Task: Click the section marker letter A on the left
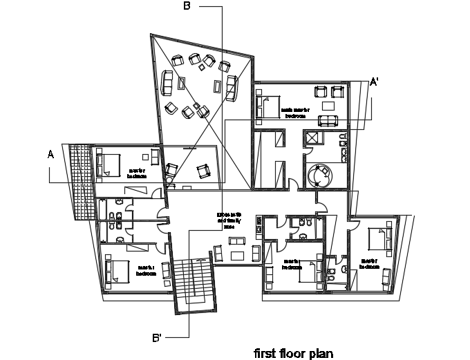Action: (50, 155)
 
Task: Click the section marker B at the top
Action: (187, 6)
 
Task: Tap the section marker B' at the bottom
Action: (158, 338)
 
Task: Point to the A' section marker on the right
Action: (375, 82)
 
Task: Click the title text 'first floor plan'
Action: (294, 353)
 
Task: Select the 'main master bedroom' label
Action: (295, 113)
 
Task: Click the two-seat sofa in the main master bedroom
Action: (328, 122)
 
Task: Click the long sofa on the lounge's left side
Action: (167, 83)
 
